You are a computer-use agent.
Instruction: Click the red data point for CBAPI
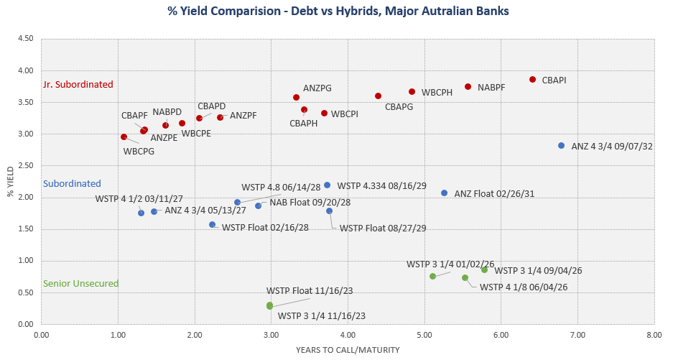click(x=532, y=80)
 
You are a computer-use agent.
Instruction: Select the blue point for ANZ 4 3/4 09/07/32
click(x=562, y=146)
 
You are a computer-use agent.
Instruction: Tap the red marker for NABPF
click(x=468, y=87)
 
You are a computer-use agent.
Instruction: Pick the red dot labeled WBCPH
click(x=412, y=92)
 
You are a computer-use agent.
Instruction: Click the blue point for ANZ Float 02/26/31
click(x=445, y=193)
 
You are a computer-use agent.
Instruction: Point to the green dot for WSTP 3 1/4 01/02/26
click(x=432, y=276)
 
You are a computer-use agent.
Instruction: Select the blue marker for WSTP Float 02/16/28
click(x=212, y=225)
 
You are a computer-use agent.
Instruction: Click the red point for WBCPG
click(x=124, y=137)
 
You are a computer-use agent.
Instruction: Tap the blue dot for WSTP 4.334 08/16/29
click(x=327, y=185)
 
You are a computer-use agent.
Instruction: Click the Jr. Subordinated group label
click(x=78, y=84)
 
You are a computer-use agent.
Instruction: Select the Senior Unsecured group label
click(x=80, y=284)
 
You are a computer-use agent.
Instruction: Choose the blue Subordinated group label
click(x=72, y=184)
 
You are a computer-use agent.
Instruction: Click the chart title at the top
click(x=337, y=12)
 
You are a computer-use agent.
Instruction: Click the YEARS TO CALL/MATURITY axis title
click(x=347, y=350)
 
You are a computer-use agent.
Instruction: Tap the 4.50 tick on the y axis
click(x=25, y=39)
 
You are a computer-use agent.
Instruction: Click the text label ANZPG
click(x=317, y=88)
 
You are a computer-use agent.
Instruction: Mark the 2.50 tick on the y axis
click(x=25, y=166)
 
